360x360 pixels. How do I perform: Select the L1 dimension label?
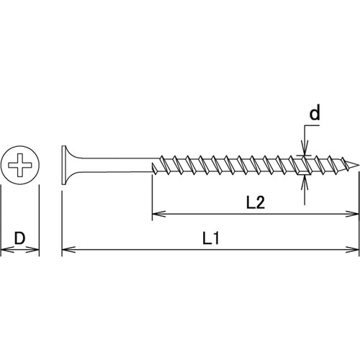pos(211,238)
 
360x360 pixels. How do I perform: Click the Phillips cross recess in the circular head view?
pos(20,166)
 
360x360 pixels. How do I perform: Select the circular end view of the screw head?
pos(20,166)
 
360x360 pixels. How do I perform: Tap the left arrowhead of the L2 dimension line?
pos(156,214)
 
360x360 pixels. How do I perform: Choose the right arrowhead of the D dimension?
pos(35,250)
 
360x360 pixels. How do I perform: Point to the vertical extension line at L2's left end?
pos(151,194)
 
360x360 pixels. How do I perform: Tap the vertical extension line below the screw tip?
pos(359,209)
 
